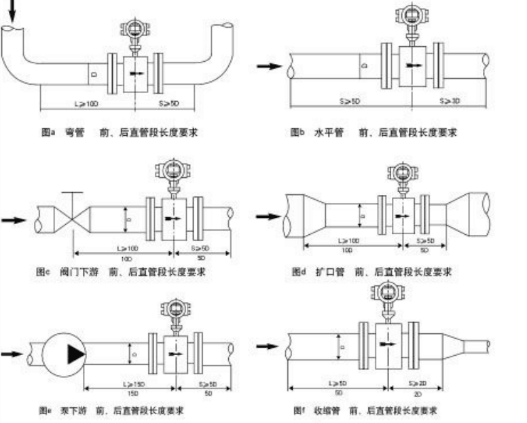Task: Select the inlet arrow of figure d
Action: pos(268,217)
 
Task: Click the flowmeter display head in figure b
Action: pos(410,17)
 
